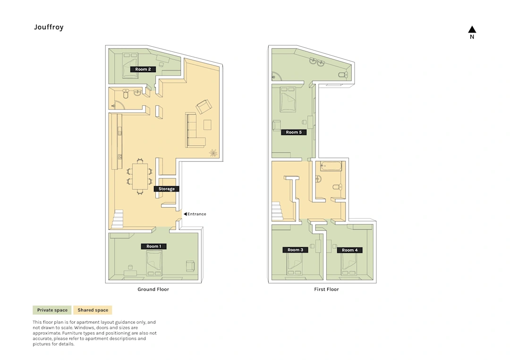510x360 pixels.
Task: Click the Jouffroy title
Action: tap(49, 27)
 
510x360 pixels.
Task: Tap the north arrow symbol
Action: tap(472, 30)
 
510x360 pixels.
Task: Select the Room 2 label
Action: tap(143, 69)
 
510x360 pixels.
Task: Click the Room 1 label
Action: tap(153, 246)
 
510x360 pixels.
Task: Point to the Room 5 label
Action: tap(294, 132)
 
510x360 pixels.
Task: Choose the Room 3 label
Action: tap(295, 250)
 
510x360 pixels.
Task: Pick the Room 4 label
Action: tap(349, 250)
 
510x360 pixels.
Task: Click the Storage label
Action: tap(167, 189)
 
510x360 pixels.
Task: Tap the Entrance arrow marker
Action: tap(186, 214)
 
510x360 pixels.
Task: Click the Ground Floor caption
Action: tap(153, 289)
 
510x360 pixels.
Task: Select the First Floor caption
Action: tap(326, 289)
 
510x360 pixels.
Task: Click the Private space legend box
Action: tap(52, 310)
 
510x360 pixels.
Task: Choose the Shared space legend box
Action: tap(93, 310)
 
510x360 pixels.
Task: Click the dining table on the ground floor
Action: tap(140, 176)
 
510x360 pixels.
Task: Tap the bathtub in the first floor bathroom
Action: tap(331, 166)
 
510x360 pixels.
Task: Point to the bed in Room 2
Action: tap(130, 66)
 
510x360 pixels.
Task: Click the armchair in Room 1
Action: tap(190, 266)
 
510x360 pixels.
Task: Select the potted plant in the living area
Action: tap(213, 153)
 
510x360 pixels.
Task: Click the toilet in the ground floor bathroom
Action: tap(126, 93)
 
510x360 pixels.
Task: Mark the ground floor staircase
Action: tap(118, 218)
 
